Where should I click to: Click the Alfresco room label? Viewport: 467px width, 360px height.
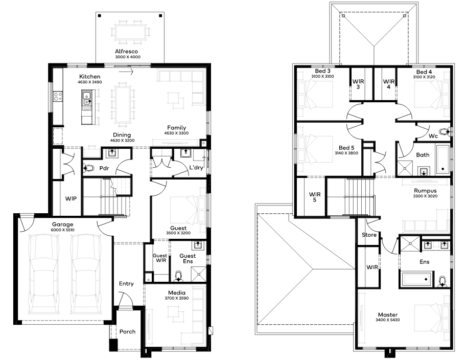(127, 51)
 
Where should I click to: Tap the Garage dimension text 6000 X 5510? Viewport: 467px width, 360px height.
(62, 230)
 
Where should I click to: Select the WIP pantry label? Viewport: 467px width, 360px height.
(71, 198)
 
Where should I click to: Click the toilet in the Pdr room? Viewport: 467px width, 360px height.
(88, 168)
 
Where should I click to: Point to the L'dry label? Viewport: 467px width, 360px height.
(196, 168)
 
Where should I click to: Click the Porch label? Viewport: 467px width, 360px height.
(127, 331)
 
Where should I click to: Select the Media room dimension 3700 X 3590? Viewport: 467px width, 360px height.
(177, 298)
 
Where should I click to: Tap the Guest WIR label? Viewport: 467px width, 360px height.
(160, 258)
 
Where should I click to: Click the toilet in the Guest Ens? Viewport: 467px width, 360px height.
(178, 276)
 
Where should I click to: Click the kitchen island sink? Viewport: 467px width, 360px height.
(87, 99)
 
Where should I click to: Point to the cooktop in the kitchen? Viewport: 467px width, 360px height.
(58, 96)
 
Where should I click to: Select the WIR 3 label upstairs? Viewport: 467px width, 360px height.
(358, 84)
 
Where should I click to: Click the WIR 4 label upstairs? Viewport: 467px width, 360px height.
(389, 84)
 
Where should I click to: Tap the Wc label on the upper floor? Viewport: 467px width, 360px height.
(433, 136)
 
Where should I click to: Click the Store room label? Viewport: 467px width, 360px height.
(369, 235)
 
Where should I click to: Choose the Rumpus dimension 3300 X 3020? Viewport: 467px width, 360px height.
(425, 196)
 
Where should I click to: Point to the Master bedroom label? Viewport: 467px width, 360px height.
(388, 314)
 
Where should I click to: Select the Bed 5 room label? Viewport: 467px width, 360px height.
(346, 148)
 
